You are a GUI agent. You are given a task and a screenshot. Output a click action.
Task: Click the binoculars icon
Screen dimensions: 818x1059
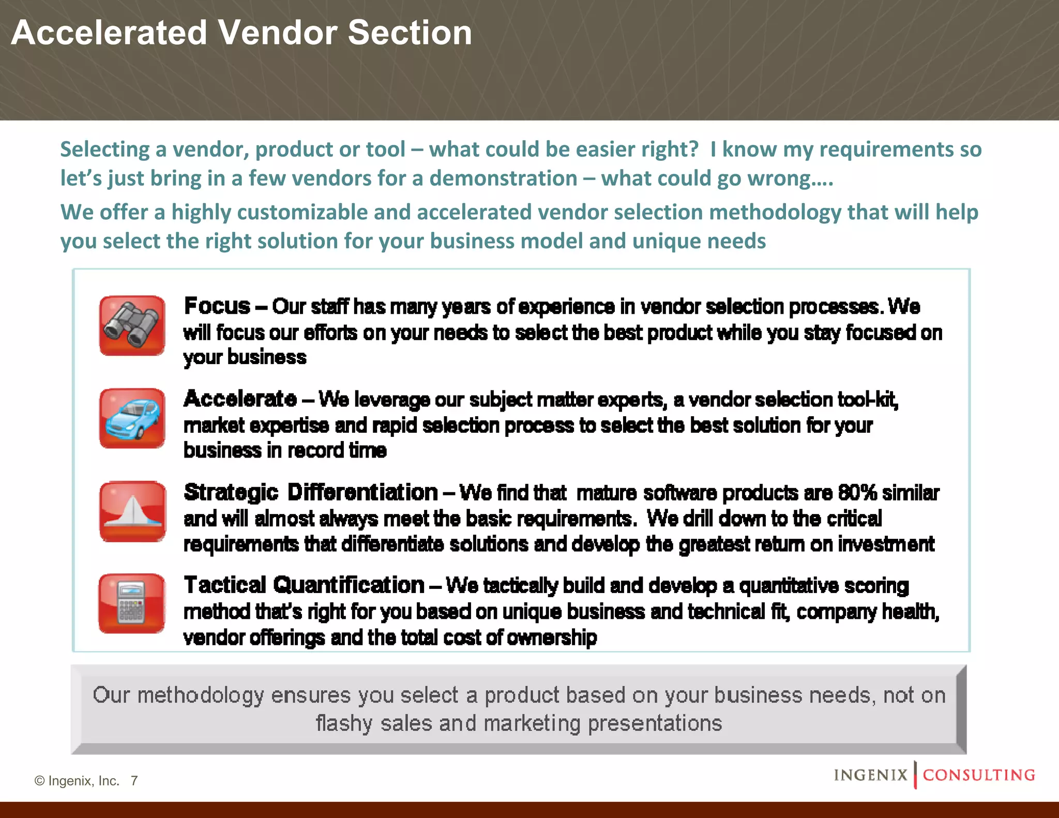[132, 326]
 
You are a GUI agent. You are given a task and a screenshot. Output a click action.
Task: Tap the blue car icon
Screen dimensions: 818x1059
[132, 418]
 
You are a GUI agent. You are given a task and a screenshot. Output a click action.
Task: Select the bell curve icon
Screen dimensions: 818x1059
[132, 511]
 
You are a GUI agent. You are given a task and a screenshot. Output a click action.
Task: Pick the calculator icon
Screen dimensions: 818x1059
[131, 603]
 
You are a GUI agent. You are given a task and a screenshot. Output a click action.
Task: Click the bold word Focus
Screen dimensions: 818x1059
[217, 306]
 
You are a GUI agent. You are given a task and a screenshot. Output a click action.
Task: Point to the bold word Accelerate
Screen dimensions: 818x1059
[240, 399]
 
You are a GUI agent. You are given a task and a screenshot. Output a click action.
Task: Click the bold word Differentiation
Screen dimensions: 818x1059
[362, 492]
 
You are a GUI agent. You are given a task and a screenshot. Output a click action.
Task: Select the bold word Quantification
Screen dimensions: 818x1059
[349, 585]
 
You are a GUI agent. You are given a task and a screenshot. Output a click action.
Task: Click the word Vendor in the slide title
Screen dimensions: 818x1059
[278, 33]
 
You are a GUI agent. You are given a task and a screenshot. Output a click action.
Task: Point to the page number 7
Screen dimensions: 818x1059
[134, 780]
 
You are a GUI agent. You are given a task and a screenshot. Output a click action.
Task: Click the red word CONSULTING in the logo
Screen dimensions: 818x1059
[979, 775]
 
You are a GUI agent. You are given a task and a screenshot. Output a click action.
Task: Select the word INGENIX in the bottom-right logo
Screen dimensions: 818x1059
[871, 775]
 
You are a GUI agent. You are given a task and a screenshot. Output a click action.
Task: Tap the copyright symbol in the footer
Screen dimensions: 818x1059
[39, 781]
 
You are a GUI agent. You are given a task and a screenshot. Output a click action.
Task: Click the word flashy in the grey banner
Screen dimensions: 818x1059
[344, 723]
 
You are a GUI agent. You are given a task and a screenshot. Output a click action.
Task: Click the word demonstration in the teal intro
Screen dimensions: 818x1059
[503, 178]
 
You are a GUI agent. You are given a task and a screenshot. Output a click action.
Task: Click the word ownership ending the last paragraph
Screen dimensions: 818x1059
[552, 638]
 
